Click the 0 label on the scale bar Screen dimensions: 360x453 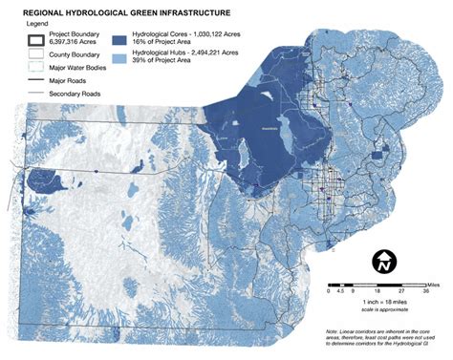(x=331, y=292)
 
